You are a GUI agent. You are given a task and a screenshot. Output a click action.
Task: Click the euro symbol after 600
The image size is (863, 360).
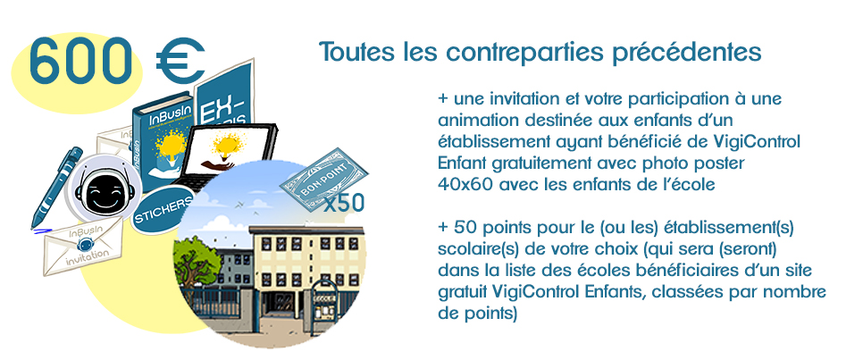coord(180,61)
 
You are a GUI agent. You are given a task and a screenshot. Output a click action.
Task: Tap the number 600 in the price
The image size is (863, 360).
coord(81,61)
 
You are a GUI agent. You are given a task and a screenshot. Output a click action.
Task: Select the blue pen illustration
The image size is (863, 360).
coord(56,188)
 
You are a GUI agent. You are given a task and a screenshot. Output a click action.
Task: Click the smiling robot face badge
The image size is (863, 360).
coord(104,188)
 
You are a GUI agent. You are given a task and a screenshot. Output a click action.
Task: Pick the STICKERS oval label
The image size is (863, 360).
coord(163,213)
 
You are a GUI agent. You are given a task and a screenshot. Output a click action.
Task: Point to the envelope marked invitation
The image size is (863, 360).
coord(84,246)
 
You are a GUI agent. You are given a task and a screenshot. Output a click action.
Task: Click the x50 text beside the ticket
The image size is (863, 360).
coord(343,203)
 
